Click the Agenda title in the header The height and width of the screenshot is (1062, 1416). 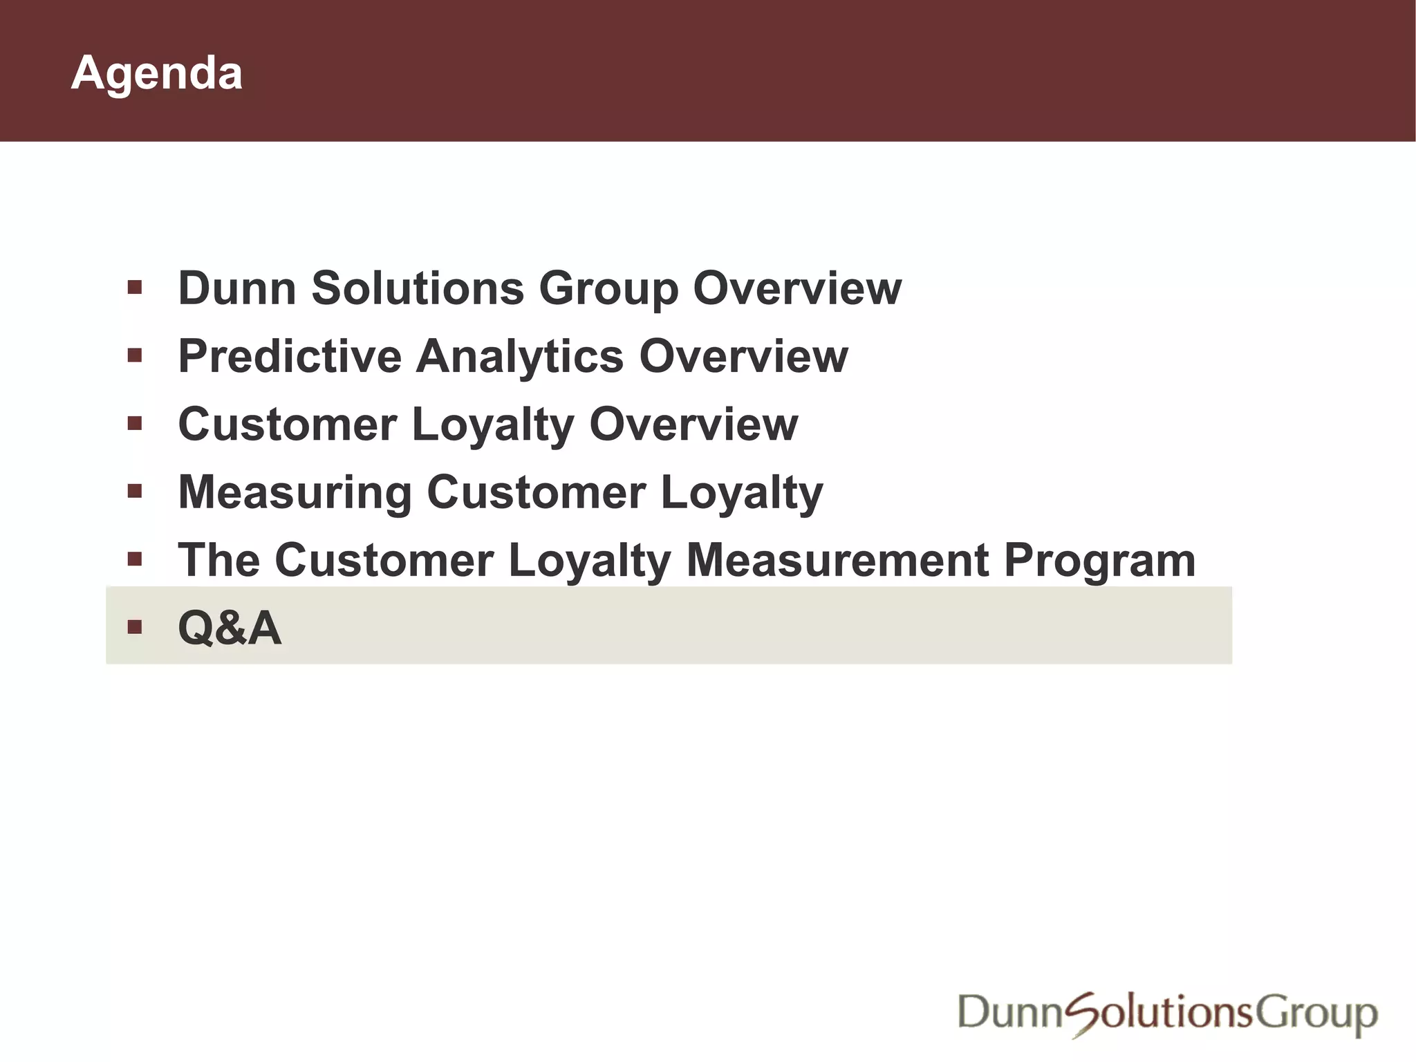(156, 73)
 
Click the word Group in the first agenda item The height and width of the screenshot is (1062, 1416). (608, 289)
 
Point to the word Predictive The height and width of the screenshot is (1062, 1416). (290, 356)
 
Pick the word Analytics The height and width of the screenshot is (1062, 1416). (519, 357)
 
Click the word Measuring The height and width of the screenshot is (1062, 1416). (295, 492)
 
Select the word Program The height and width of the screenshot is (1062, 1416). (1099, 561)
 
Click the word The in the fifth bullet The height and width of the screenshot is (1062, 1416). (219, 560)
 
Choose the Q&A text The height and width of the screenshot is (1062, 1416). (230, 628)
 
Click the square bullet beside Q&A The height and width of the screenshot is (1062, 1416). (135, 627)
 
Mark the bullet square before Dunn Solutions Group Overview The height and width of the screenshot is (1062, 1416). (135, 287)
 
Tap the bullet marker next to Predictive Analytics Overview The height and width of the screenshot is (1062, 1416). (135, 355)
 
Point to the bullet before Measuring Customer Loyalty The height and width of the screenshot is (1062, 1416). (135, 492)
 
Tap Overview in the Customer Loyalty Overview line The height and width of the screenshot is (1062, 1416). (693, 424)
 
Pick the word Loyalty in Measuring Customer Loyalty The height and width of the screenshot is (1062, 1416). (742, 494)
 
